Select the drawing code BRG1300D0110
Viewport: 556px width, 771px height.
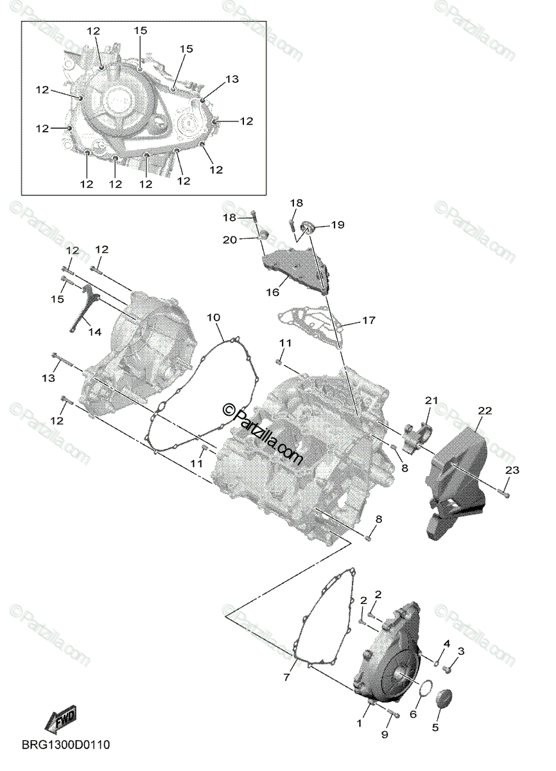pyautogui.click(x=67, y=745)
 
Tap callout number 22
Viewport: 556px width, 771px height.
pyautogui.click(x=485, y=410)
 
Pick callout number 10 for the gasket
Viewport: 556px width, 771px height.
pyautogui.click(x=214, y=317)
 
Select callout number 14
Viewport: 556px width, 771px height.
pyautogui.click(x=94, y=332)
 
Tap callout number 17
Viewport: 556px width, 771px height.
pyautogui.click(x=369, y=320)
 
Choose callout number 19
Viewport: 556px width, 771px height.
pyautogui.click(x=338, y=225)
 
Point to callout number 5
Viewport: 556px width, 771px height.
pyautogui.click(x=435, y=728)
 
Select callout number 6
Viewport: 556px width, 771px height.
pyautogui.click(x=413, y=714)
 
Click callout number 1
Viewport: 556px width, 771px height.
pyautogui.click(x=360, y=723)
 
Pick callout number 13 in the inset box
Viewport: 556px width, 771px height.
pyautogui.click(x=232, y=79)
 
